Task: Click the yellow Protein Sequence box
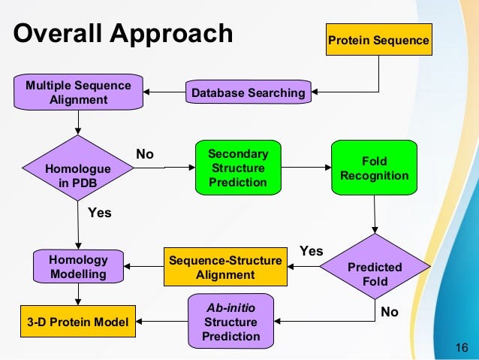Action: click(x=379, y=39)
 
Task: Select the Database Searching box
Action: click(x=249, y=92)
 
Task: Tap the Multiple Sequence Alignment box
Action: click(x=78, y=92)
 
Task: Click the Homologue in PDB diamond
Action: click(x=78, y=168)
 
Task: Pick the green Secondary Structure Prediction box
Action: click(x=238, y=168)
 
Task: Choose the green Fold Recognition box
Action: click(x=374, y=168)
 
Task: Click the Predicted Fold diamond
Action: click(x=375, y=266)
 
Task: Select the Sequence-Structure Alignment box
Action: click(x=225, y=267)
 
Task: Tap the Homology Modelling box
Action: click(x=78, y=266)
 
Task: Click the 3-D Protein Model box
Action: click(x=78, y=321)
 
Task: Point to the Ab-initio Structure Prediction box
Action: click(x=230, y=321)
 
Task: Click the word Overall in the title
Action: click(x=57, y=33)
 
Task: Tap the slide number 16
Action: click(x=462, y=347)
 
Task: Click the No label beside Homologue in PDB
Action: click(x=145, y=154)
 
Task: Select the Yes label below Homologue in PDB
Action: click(x=100, y=213)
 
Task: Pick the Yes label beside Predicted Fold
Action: click(x=312, y=251)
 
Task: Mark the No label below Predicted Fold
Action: click(x=390, y=312)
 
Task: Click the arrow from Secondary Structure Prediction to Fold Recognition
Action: click(x=306, y=168)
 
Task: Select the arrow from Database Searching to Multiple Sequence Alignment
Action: click(x=164, y=92)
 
